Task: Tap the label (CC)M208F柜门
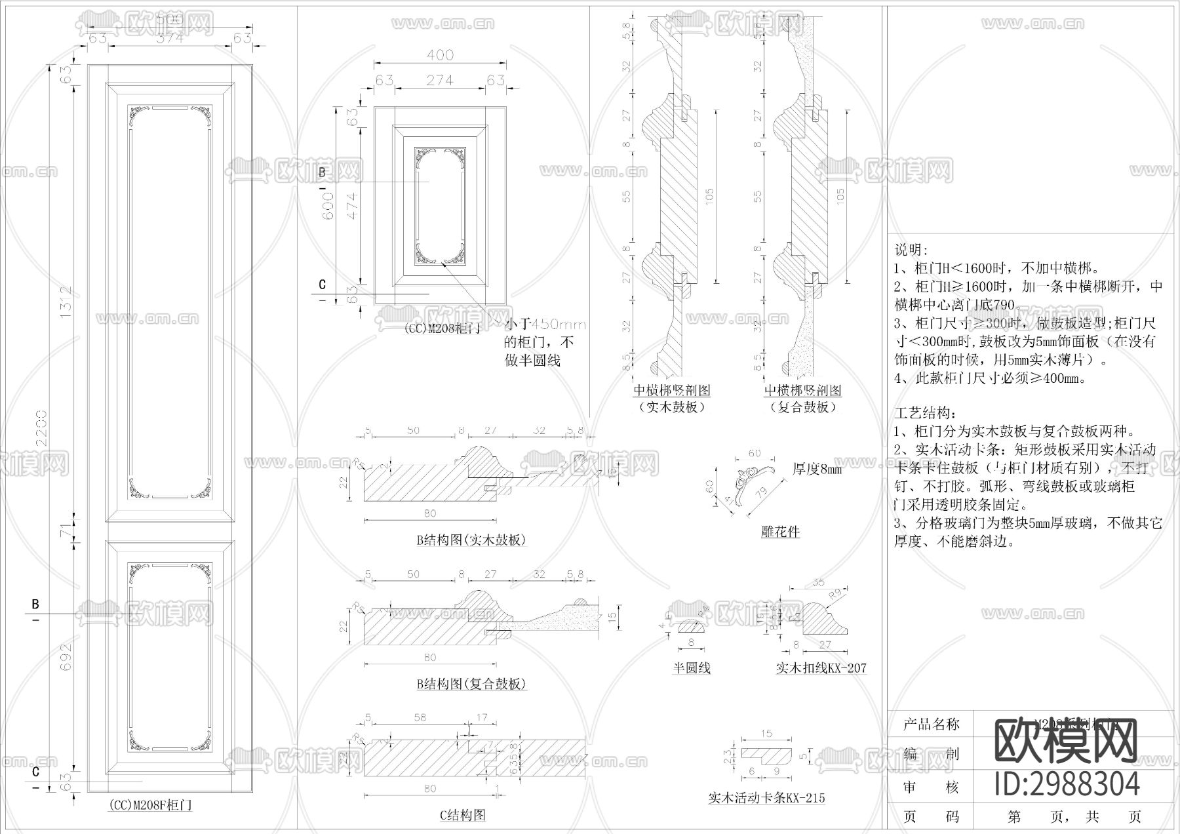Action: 150,804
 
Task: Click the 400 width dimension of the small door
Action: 440,56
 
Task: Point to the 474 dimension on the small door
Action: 351,205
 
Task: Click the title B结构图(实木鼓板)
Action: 471,540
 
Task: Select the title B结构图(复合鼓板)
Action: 471,684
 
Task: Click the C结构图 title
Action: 462,815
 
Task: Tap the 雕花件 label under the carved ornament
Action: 779,532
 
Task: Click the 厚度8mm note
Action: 817,469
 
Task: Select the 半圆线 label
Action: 691,668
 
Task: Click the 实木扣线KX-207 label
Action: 821,668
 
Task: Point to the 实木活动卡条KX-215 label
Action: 766,798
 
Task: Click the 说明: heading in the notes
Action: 911,250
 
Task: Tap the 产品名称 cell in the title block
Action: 930,724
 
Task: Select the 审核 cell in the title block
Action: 930,787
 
